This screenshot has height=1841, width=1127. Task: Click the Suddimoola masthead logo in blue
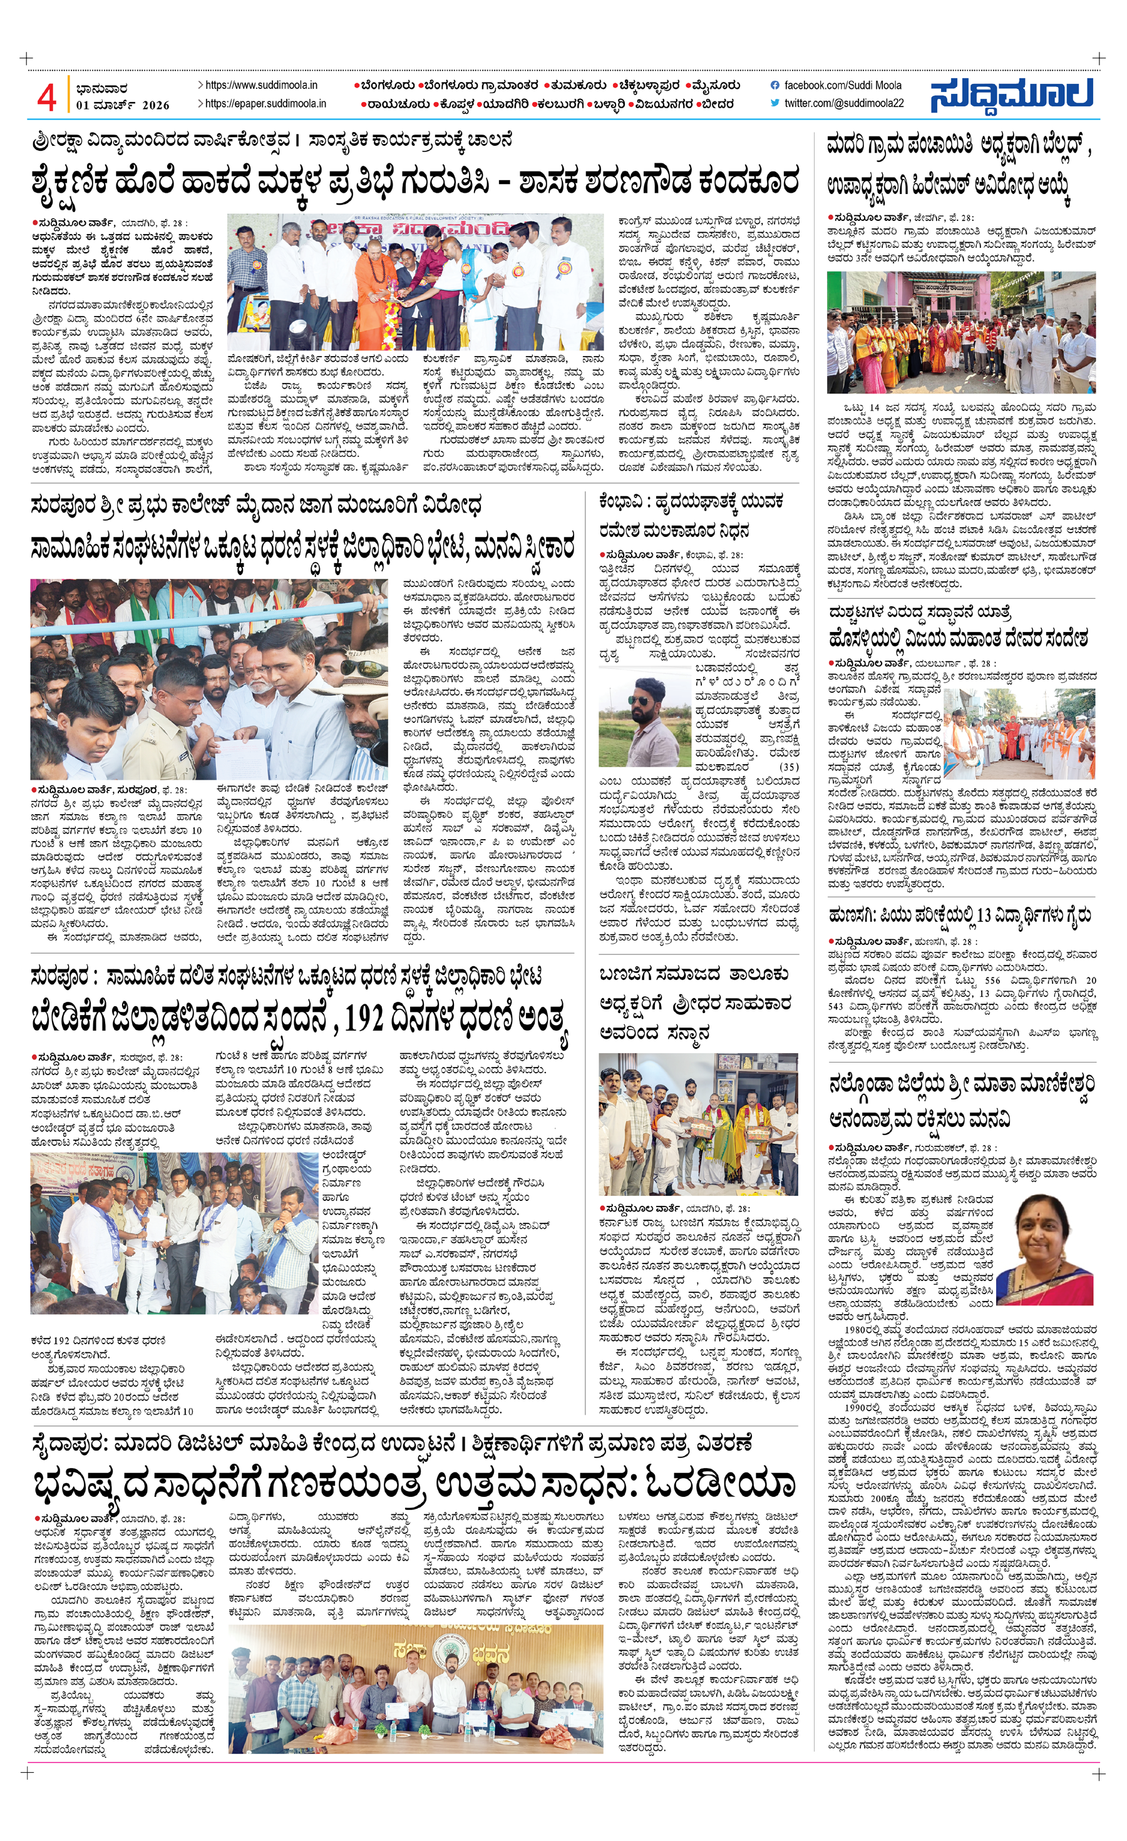point(1011,95)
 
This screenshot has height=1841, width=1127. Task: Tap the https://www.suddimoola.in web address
point(261,86)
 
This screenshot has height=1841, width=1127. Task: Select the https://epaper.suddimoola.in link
point(265,104)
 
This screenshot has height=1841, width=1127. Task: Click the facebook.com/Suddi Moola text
point(842,86)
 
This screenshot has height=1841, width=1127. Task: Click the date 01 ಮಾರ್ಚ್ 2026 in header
point(123,105)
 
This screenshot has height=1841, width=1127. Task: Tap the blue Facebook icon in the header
point(774,86)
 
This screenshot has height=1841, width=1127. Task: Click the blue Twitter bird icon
point(774,104)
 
